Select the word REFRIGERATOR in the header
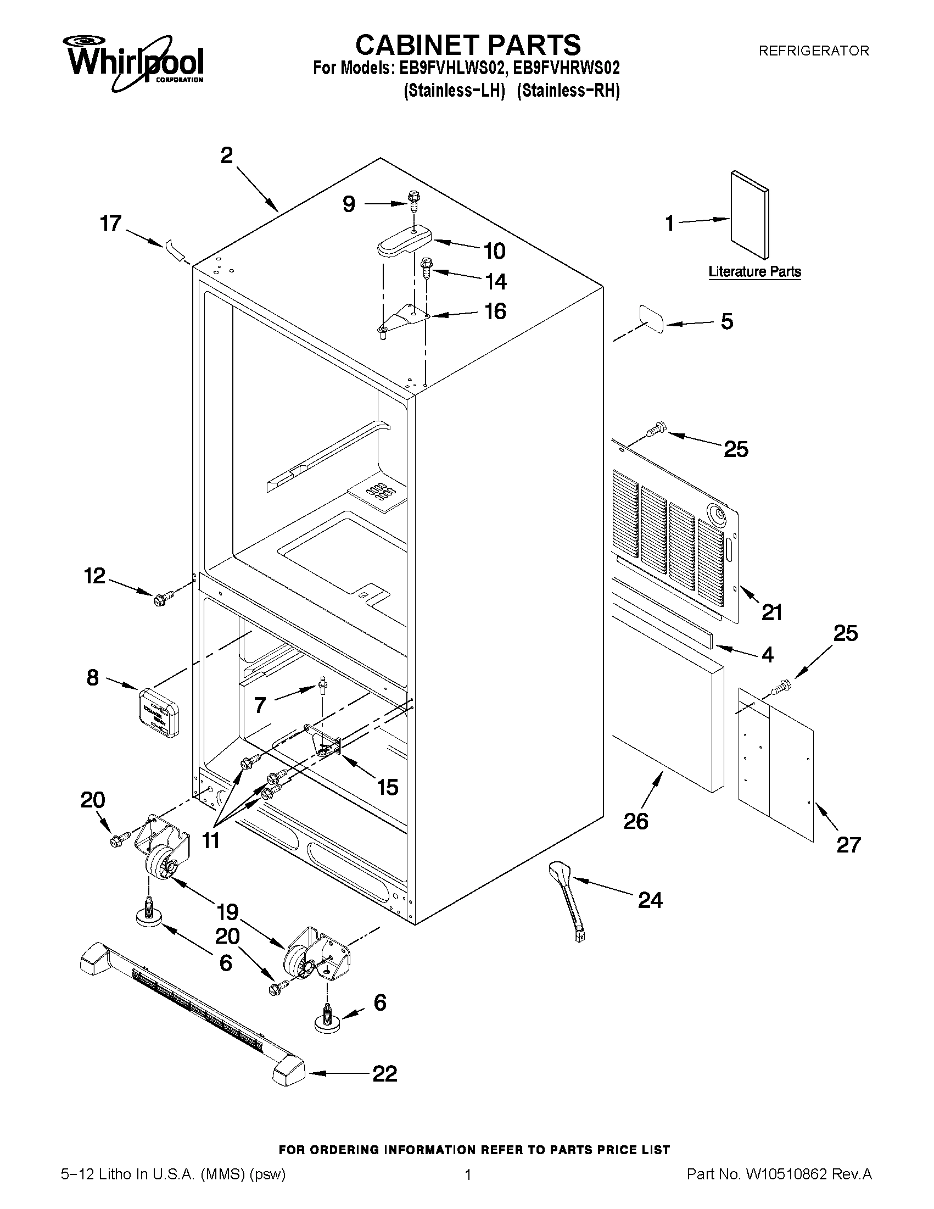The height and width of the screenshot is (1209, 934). point(813,51)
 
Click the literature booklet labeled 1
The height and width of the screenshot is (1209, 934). point(749,215)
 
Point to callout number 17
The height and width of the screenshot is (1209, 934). point(110,224)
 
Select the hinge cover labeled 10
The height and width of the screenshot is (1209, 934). point(404,241)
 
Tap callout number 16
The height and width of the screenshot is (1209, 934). point(495,311)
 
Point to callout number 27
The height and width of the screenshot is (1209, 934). point(848,845)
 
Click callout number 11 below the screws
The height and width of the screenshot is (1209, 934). point(211,841)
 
